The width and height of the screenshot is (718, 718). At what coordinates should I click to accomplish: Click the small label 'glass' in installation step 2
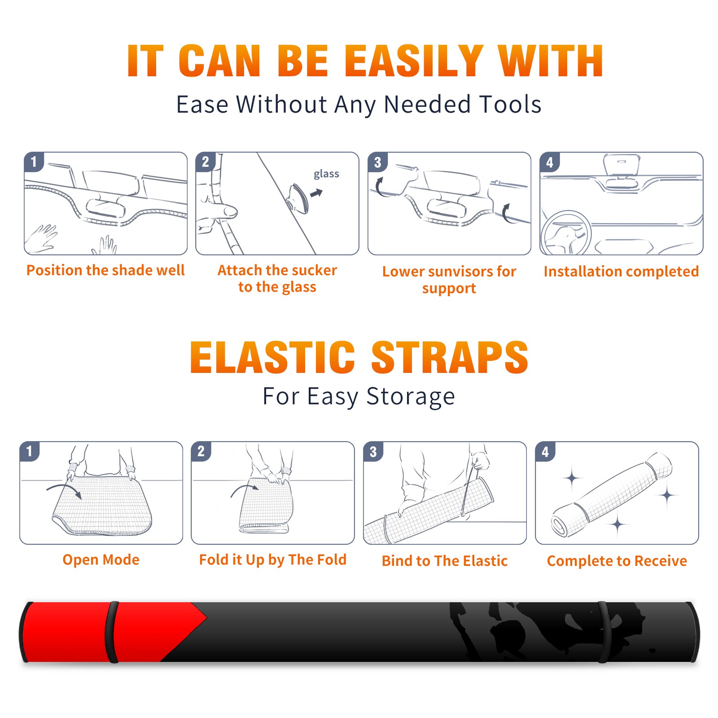coord(326,174)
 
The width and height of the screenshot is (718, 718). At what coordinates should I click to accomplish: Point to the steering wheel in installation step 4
coord(565,233)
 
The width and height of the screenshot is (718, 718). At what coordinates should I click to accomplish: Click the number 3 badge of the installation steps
coord(377,162)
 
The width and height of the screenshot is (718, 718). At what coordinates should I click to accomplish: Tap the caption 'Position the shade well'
coord(105,270)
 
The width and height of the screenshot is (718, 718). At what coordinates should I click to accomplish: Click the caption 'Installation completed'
coord(621,271)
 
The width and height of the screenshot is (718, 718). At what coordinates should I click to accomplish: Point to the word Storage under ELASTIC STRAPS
coord(411,397)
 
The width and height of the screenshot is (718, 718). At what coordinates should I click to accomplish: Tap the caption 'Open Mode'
coord(101,560)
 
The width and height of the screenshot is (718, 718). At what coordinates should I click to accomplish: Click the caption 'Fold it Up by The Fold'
coord(273,560)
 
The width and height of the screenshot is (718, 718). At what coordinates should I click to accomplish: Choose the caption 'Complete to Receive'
coord(617,561)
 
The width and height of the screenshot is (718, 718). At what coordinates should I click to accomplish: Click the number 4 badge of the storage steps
coord(545,451)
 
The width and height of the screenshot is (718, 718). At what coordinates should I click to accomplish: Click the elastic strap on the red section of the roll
coord(111,632)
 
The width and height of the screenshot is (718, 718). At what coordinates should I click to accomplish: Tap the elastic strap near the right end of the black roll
coord(603,632)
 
